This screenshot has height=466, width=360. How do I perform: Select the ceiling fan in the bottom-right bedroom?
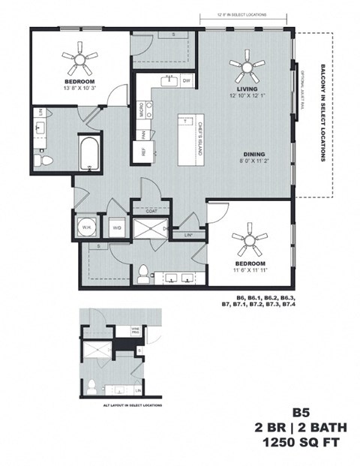tap(248, 242)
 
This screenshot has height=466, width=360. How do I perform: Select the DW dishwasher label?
tap(187, 80)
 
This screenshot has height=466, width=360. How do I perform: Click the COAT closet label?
tap(151, 212)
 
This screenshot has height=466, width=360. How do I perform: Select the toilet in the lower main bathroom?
tap(143, 272)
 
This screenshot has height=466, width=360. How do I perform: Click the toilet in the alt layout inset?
tap(91, 386)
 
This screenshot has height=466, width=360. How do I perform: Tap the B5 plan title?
tap(300, 413)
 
